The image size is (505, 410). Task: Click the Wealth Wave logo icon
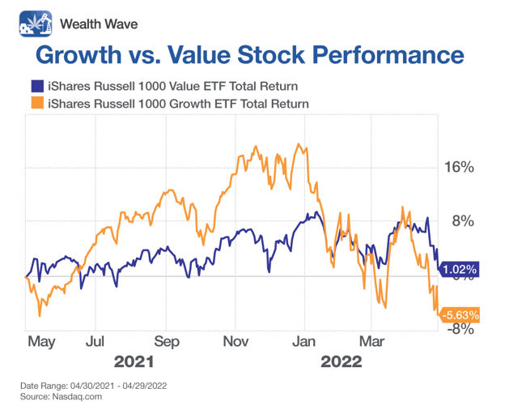[x=34, y=23]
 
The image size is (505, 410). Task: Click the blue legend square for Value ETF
[x=36, y=86]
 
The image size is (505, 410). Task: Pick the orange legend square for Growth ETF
[x=36, y=104]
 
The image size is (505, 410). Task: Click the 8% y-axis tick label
[x=462, y=221]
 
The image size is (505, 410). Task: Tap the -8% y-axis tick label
[x=458, y=329]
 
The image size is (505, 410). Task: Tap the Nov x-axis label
[x=236, y=341]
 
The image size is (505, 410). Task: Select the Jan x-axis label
[x=304, y=341]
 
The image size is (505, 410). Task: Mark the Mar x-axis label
[x=371, y=341]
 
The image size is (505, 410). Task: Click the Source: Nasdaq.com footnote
[x=61, y=397]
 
